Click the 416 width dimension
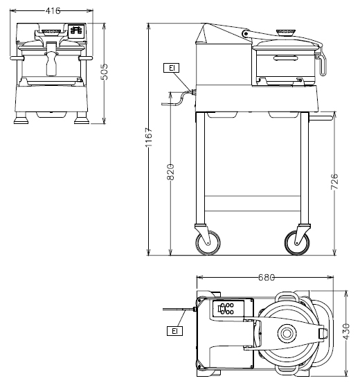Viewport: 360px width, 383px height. coord(53,11)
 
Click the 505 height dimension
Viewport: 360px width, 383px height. coord(105,72)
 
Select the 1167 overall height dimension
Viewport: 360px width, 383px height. coord(149,137)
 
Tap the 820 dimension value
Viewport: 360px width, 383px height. coord(170,172)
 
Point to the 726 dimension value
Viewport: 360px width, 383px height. coord(334,181)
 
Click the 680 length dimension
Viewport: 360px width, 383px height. coord(267,277)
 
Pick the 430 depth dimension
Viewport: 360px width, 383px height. coord(346,332)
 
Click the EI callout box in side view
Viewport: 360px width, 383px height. coord(172,68)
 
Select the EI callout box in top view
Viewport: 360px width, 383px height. coord(174,331)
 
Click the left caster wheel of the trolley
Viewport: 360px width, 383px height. coord(208,243)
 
